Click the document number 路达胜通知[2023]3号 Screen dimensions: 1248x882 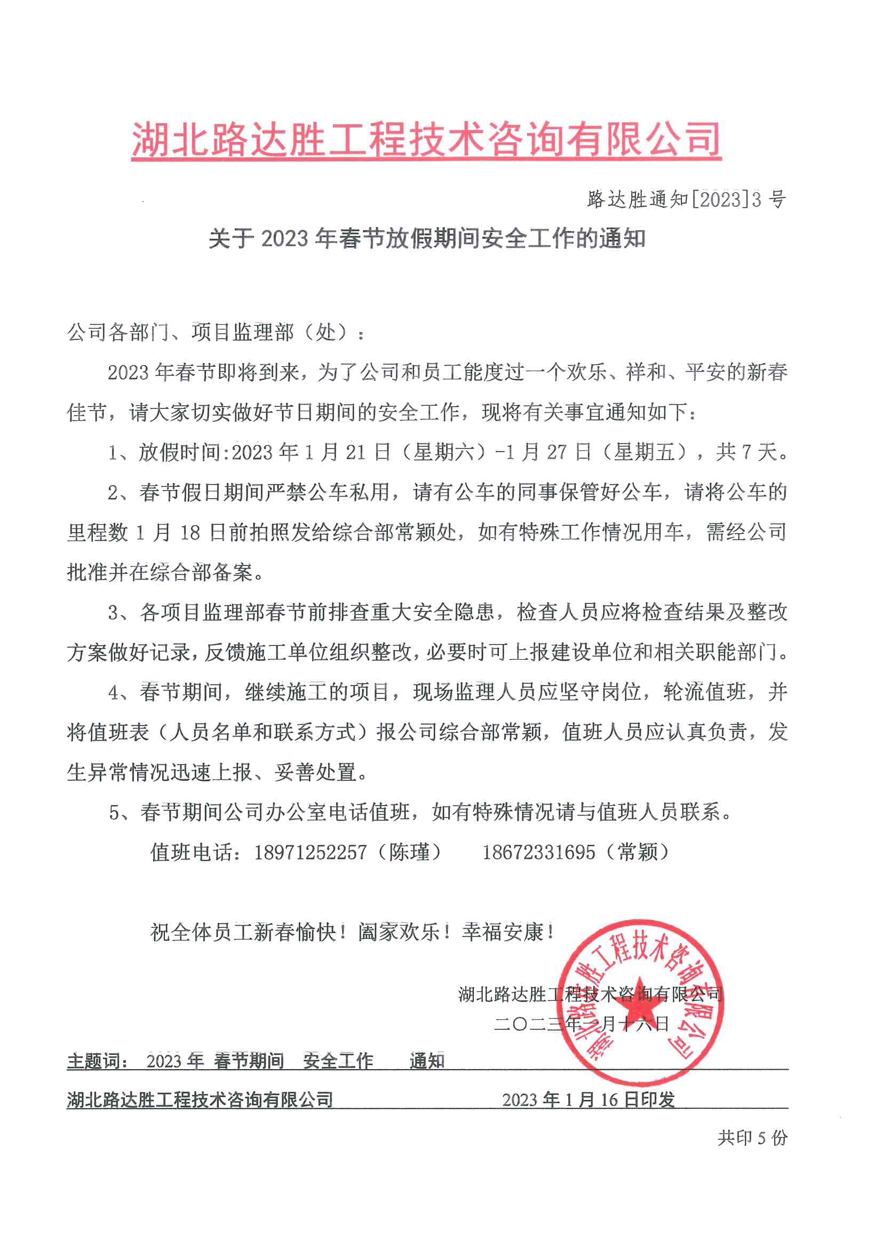click(686, 200)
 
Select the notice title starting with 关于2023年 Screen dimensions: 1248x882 click(427, 239)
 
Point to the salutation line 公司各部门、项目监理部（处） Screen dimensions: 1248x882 click(216, 333)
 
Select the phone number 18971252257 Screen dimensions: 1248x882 click(311, 852)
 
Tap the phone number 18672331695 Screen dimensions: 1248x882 click(538, 852)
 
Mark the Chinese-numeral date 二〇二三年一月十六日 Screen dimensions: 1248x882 click(581, 1024)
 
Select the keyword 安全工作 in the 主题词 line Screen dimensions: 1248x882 click(338, 1061)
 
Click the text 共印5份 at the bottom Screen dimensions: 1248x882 click(752, 1138)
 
